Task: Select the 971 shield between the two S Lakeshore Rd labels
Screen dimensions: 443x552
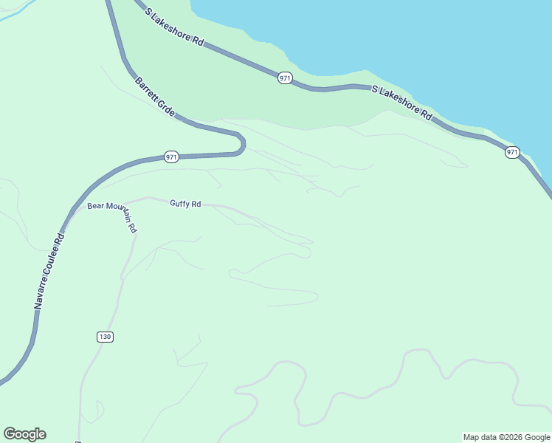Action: click(x=285, y=78)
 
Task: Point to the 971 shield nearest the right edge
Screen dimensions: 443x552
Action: click(x=512, y=152)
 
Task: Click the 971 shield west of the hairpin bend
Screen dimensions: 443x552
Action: click(x=171, y=157)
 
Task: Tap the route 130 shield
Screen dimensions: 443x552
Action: click(x=105, y=337)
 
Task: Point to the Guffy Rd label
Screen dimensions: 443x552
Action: click(x=185, y=204)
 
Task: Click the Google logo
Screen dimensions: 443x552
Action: click(x=24, y=434)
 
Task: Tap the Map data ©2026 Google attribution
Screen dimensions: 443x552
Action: click(x=506, y=437)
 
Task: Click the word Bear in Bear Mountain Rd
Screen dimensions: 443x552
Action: click(x=95, y=207)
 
